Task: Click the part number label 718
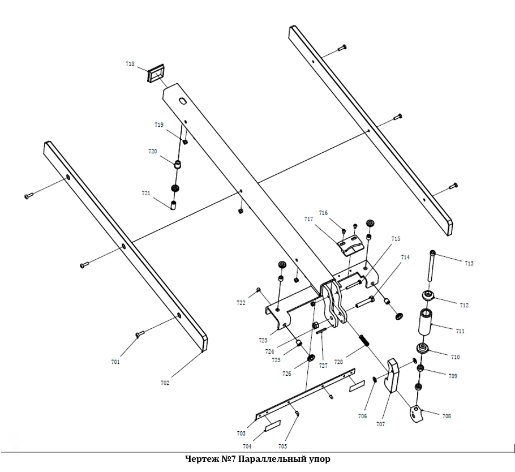(x=130, y=65)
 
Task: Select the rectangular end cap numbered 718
(x=154, y=74)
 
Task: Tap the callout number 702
(x=165, y=383)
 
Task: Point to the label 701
(x=115, y=362)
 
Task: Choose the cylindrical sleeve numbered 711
(x=426, y=322)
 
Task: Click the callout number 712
(x=464, y=306)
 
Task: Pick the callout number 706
(x=363, y=416)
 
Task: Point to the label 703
(x=241, y=434)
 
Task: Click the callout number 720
(x=152, y=151)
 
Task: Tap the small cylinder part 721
(x=174, y=204)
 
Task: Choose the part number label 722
(x=241, y=303)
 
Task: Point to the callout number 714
(x=405, y=257)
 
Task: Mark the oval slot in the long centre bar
(x=182, y=101)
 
